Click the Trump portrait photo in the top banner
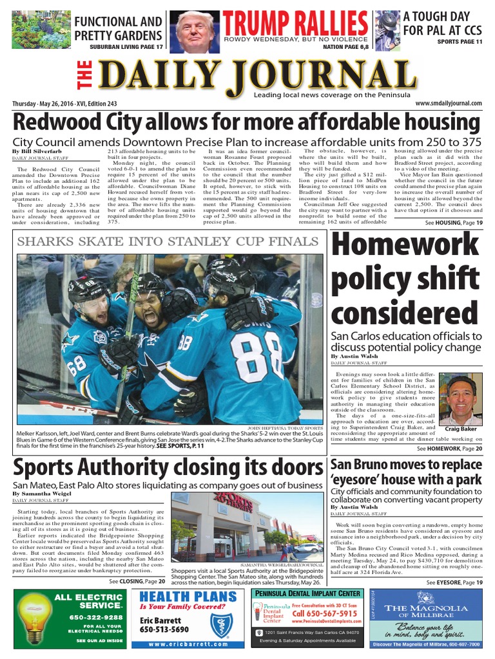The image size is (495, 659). pos(196,30)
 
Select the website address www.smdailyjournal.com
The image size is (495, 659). pos(449,104)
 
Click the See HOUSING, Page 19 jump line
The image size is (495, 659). pos(454,223)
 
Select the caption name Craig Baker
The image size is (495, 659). pos(460,429)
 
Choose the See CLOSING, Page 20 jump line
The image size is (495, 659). pos(131,581)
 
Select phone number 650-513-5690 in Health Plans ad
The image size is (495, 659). pos(164,629)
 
